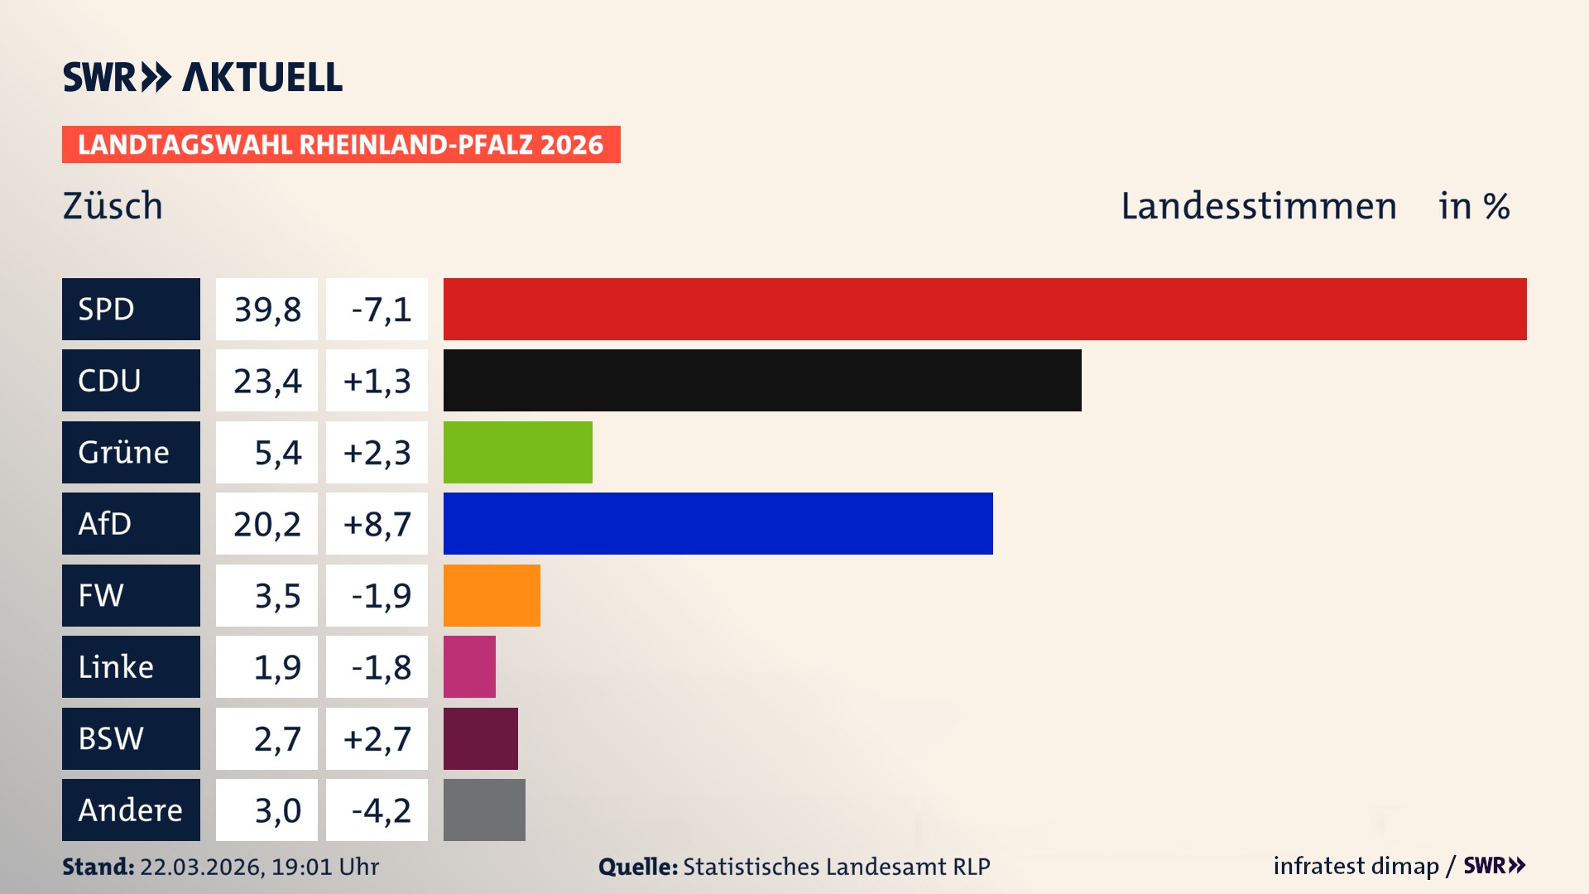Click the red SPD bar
coord(985,309)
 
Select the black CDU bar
coord(761,380)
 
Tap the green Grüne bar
coord(517,452)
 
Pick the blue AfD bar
coord(718,523)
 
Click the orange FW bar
coord(492,595)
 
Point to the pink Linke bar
coord(469,666)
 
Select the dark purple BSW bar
coord(480,738)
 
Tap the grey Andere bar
coord(484,810)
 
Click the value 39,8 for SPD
coord(266,310)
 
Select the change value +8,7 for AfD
coord(377,524)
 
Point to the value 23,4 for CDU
coord(266,381)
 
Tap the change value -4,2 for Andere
coord(381,810)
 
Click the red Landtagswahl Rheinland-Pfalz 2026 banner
coord(341,145)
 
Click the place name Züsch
coord(113,206)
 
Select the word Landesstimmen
coord(1258,206)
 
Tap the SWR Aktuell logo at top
coord(203,77)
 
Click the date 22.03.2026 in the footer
coord(202,867)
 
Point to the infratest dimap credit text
coord(1355,866)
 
